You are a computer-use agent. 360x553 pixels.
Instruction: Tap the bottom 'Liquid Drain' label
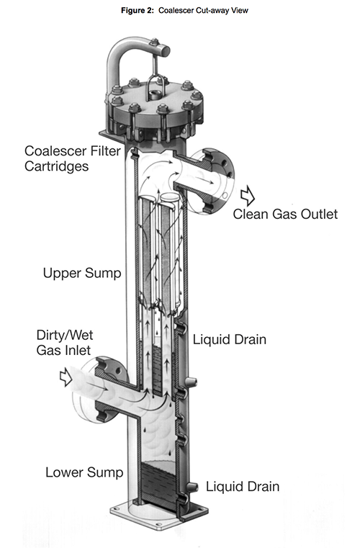243,487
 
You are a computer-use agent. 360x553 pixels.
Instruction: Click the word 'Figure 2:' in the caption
132,9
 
